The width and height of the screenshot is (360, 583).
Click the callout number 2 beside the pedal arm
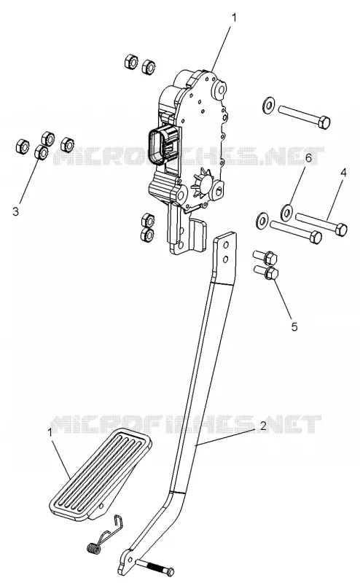pyautogui.click(x=262, y=426)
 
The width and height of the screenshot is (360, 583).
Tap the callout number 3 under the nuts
pyautogui.click(x=15, y=211)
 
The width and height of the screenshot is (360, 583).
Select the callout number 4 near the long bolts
pyautogui.click(x=343, y=173)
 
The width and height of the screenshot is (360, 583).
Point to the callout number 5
pyautogui.click(x=294, y=326)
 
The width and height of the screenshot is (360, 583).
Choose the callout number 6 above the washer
pyautogui.click(x=308, y=157)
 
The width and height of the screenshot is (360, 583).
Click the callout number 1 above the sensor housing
pyautogui.click(x=234, y=17)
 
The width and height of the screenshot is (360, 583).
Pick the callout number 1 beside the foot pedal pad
pyautogui.click(x=50, y=432)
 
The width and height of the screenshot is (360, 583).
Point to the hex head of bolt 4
pyautogui.click(x=340, y=229)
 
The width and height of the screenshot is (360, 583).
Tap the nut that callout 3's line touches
pyautogui.click(x=41, y=152)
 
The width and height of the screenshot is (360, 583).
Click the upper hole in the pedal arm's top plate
pyautogui.click(x=225, y=245)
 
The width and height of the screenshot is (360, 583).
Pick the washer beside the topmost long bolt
pyautogui.click(x=268, y=104)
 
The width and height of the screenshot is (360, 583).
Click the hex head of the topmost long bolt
pyautogui.click(x=324, y=122)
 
